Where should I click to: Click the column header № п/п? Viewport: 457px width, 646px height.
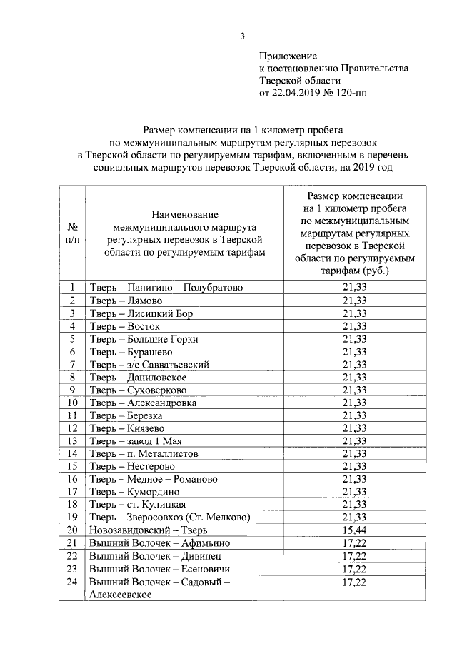[x=72, y=233]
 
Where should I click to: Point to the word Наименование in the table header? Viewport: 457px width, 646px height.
[x=184, y=214]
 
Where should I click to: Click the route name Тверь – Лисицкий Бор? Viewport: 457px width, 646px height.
[x=141, y=313]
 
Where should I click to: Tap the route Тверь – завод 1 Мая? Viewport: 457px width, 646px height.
[x=136, y=441]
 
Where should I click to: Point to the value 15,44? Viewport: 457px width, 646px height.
[x=355, y=530]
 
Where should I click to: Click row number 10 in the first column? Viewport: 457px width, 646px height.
[x=72, y=403]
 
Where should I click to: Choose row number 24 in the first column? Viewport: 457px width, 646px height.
[x=72, y=582]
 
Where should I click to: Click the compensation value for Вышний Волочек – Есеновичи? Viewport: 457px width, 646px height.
[x=355, y=569]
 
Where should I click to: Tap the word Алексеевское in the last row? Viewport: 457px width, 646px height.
[x=119, y=595]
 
